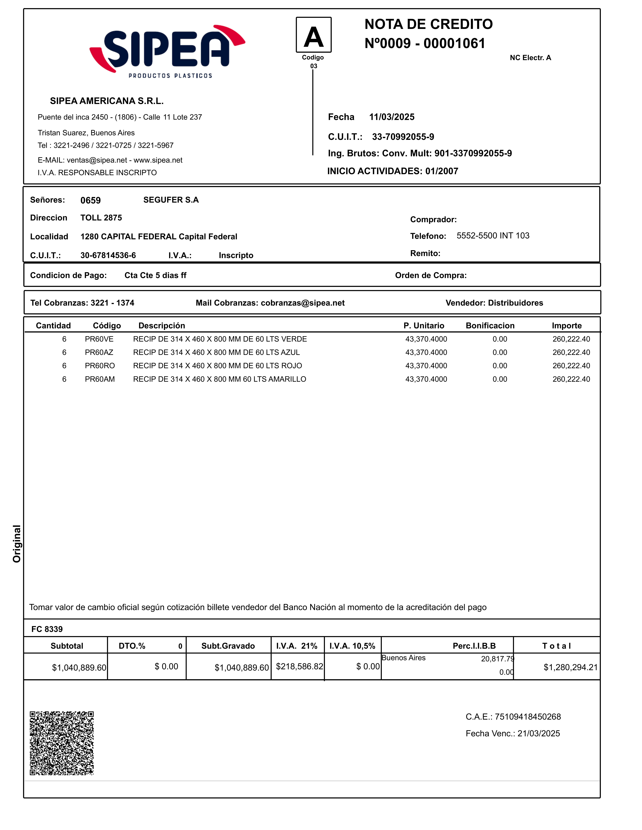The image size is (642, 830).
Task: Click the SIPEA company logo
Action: pos(167,51)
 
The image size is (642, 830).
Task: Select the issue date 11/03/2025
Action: pos(392,117)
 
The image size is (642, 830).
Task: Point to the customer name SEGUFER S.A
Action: pos(171,200)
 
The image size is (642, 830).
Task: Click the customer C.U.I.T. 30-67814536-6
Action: pos(108,255)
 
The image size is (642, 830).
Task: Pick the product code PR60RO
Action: pos(100,366)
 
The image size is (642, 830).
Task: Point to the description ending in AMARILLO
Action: pos(219,379)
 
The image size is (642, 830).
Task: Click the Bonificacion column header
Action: pos(490,326)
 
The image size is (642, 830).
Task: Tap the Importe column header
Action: pos(566,326)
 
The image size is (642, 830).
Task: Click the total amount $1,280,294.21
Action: pos(570,667)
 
